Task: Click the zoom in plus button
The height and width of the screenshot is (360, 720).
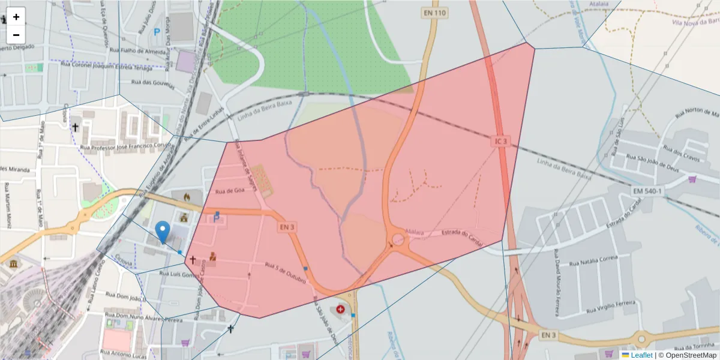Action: (16, 17)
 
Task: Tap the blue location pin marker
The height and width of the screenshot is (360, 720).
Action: (162, 232)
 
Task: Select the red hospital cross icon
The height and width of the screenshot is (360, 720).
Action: (341, 309)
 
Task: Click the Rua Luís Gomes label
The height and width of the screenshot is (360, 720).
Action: (179, 274)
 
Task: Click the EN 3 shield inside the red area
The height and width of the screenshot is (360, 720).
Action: (286, 227)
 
